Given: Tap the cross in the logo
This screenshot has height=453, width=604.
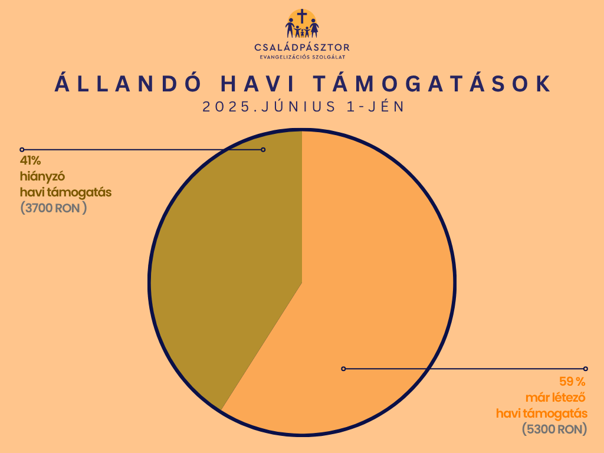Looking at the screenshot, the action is pos(303,17).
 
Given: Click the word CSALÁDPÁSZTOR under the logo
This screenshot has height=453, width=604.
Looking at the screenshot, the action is pos(302,47).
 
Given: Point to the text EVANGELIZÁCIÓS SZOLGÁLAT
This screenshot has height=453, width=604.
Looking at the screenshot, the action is pos(303,57).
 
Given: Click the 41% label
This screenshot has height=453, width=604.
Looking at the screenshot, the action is pos(31,160).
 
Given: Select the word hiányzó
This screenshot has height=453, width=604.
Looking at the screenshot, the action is pos(42,176).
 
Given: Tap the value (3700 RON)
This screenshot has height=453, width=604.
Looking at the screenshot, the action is pos(54,208).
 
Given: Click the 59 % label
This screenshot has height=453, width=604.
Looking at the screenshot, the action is pos(572,382).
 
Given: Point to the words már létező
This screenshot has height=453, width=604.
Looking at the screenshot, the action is pos(556,397).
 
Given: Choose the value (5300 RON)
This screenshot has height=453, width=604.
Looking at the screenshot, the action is pos(554,429).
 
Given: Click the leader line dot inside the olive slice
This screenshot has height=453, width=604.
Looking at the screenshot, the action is pos(263,149).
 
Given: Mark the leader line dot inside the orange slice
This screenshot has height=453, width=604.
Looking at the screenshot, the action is pos(344,369).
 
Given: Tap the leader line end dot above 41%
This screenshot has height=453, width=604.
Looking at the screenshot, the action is pos(22,149).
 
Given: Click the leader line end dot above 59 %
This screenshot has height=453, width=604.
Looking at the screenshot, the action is pos(586,369).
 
